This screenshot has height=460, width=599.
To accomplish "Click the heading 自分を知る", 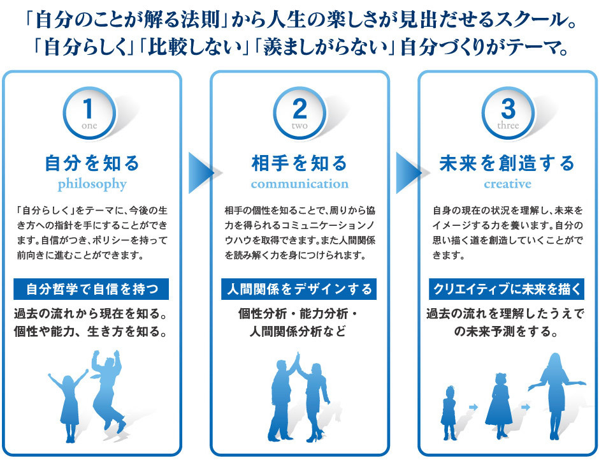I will [x=92, y=163].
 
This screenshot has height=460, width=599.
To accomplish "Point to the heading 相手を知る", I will [x=299, y=163].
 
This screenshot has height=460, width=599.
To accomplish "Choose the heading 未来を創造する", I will [x=507, y=163].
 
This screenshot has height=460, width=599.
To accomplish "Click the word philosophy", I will [x=92, y=184].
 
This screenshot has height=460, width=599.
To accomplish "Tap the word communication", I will [x=299, y=184].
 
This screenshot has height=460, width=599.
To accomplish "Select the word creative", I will [x=507, y=184].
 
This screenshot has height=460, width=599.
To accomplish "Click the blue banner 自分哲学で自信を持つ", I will [x=92, y=290].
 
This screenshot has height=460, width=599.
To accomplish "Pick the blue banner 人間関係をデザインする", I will [x=299, y=290].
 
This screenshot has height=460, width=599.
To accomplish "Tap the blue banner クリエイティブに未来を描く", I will [x=507, y=290].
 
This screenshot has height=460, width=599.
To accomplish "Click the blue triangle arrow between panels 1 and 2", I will [x=201, y=172].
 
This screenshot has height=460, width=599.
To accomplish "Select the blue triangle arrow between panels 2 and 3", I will [x=408, y=172].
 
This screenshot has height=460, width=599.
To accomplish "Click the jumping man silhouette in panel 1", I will [x=108, y=389].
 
